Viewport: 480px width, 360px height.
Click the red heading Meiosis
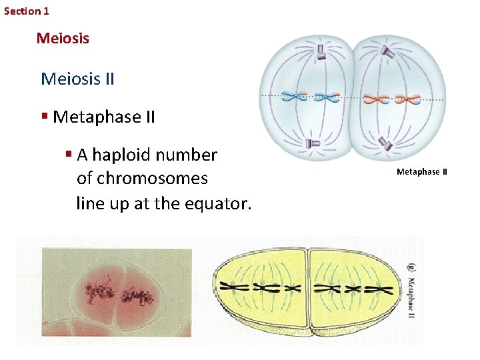click(x=63, y=38)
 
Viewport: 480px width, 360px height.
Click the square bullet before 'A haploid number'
click(x=69, y=155)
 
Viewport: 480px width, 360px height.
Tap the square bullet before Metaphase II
click(x=44, y=117)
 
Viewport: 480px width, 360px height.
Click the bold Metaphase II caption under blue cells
click(x=421, y=172)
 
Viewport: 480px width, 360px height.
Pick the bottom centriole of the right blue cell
click(x=386, y=143)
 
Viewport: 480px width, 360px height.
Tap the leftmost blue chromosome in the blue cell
click(x=294, y=97)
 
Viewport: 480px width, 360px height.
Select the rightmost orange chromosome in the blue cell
click(x=408, y=99)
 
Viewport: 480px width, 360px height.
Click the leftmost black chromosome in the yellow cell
click(x=239, y=288)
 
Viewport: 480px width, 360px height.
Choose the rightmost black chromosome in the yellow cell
click(x=383, y=290)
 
